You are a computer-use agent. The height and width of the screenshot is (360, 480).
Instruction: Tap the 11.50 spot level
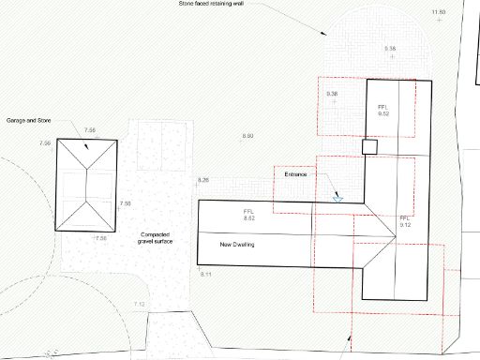[x=439, y=11]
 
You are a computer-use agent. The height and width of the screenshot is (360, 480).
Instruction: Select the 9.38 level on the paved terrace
[x=390, y=48]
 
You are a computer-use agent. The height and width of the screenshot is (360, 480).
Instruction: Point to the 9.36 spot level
[x=332, y=95]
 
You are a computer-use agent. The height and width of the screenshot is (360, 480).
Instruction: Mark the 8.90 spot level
[x=247, y=137]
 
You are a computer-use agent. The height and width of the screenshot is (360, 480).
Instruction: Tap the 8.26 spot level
[x=203, y=179]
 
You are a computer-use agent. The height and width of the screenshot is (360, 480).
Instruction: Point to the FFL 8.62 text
[x=249, y=215]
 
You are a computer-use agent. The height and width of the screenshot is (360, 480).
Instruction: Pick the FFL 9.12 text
[x=405, y=221]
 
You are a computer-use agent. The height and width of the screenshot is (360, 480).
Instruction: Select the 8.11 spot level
[x=207, y=273]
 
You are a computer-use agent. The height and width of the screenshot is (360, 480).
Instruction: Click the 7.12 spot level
[x=140, y=304]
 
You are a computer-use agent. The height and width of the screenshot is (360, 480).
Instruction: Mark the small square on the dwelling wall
[x=369, y=146]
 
